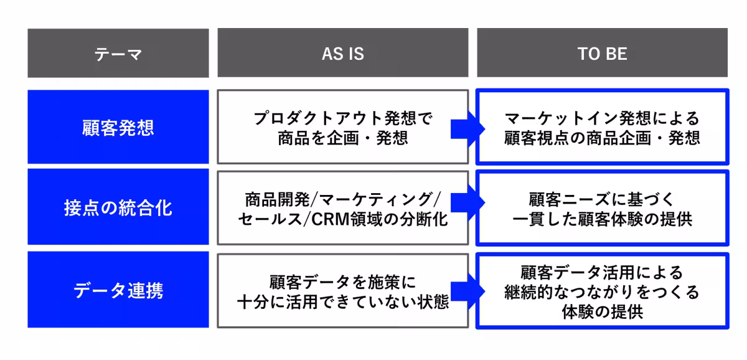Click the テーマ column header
coord(118,54)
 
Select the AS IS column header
coord(342,54)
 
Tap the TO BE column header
coord(602,54)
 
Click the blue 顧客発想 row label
coord(118,128)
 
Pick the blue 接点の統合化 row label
coord(118,208)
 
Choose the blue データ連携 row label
coord(118,290)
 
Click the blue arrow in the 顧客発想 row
coord(467,128)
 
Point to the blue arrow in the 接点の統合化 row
coord(467,202)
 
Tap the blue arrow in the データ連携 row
coord(467,290)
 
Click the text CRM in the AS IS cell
coord(331,219)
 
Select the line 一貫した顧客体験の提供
coord(602,219)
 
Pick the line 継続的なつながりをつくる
coord(602,291)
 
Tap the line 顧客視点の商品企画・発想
coord(602,138)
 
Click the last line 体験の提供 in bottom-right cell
coord(602,311)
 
